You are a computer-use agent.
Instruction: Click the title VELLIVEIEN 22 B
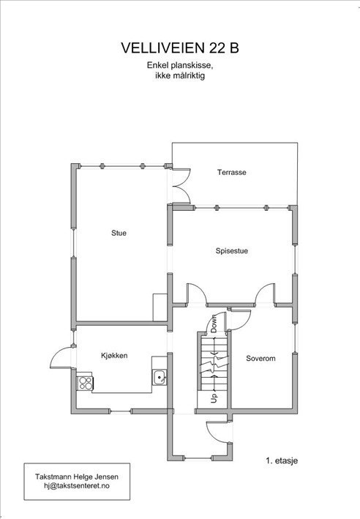(179, 48)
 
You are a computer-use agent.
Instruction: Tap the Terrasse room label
(231, 173)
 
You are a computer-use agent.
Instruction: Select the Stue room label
(119, 234)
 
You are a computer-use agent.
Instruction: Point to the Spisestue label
(231, 251)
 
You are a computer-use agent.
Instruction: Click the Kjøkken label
(114, 355)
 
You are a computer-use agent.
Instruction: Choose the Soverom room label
(260, 359)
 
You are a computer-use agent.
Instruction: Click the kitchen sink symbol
(159, 377)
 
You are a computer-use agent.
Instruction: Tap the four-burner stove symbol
(84, 382)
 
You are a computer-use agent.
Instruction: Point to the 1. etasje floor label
(282, 461)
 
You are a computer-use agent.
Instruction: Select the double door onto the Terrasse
(180, 183)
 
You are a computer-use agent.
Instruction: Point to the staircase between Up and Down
(213, 362)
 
